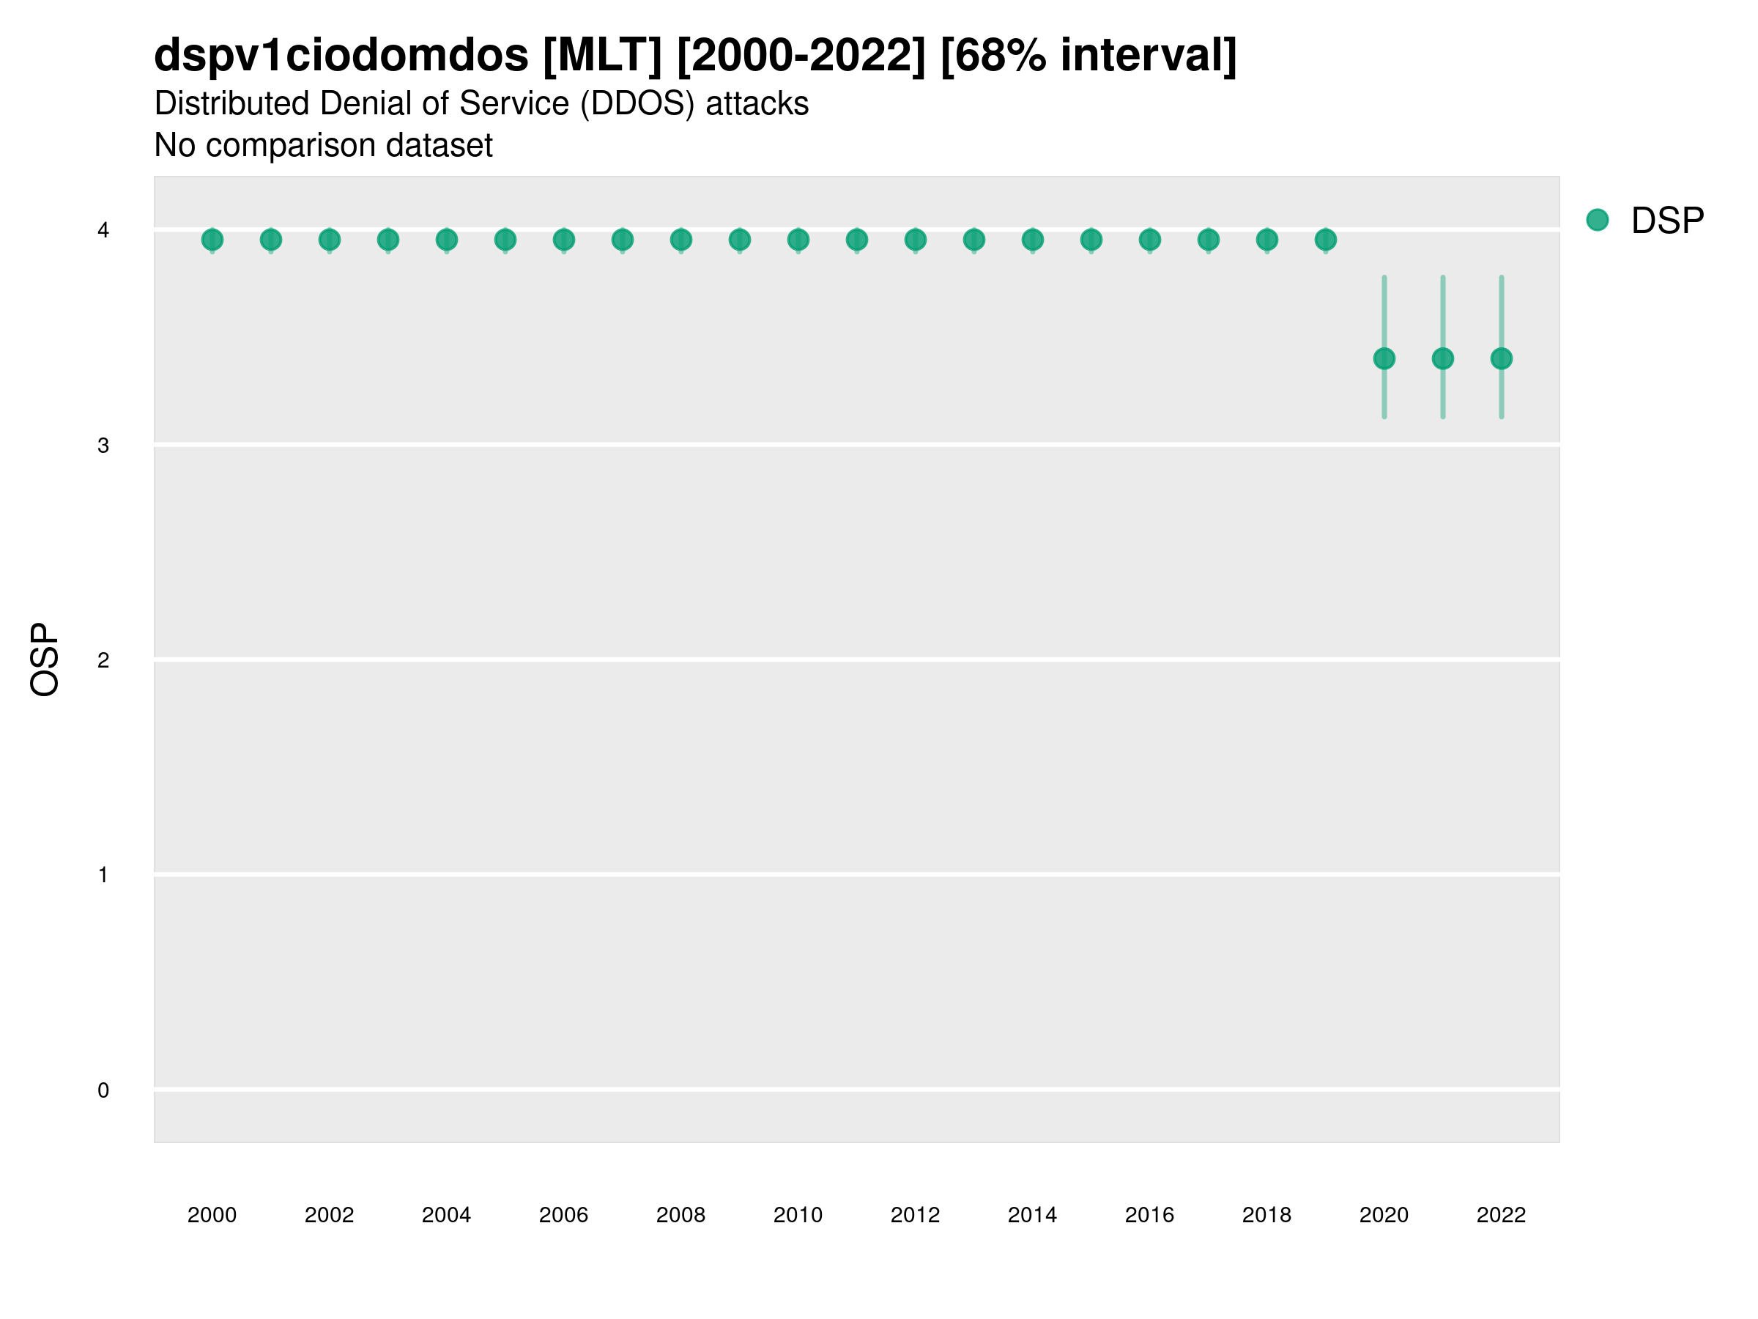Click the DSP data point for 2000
pos(212,240)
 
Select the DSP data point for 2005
pos(505,240)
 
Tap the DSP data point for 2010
pos(798,240)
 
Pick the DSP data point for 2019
pos(1326,240)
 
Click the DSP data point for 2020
pos(1384,358)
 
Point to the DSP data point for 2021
pos(1443,358)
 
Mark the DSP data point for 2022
pos(1502,358)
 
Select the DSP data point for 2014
pos(1032,240)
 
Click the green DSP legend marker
pos(1598,221)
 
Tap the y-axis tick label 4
pos(103,231)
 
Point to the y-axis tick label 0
pos(103,1091)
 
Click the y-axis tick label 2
pos(103,661)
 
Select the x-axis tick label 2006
pos(563,1216)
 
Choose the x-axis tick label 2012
pos(915,1216)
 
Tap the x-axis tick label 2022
pos(1502,1216)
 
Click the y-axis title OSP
pos(45,660)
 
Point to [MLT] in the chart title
pos(602,56)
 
